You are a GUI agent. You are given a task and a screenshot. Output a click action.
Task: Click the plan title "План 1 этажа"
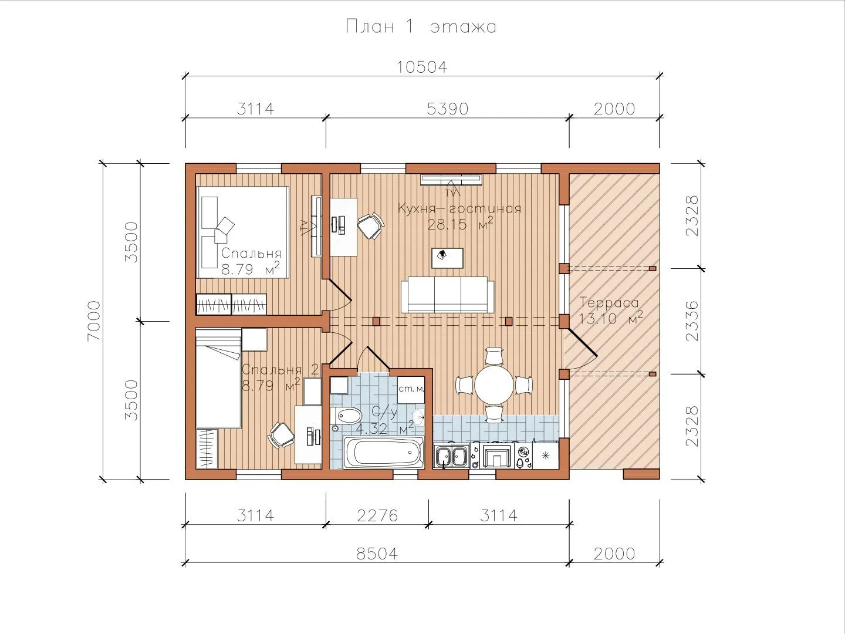click(x=421, y=26)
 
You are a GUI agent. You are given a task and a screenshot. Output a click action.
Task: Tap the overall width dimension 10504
click(x=422, y=67)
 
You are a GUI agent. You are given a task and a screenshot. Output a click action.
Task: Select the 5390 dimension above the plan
click(x=447, y=109)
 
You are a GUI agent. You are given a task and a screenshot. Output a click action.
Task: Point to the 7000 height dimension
click(x=94, y=321)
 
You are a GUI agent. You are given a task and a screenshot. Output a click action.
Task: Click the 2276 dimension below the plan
click(x=377, y=515)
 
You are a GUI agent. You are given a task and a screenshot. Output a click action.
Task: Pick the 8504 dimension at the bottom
click(x=377, y=554)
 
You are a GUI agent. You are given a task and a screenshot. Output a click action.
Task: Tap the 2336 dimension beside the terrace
click(x=692, y=321)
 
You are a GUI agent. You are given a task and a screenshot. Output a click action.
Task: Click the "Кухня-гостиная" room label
click(x=459, y=208)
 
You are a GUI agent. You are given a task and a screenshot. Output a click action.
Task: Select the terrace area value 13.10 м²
click(x=611, y=318)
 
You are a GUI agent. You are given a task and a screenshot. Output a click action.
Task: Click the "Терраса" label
click(x=609, y=302)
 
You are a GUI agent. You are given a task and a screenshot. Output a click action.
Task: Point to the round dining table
click(x=494, y=385)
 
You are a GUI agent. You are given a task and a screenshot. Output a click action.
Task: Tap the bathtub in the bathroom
click(x=383, y=452)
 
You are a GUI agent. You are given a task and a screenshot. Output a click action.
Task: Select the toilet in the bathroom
click(x=346, y=416)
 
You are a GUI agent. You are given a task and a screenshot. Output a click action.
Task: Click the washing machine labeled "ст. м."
click(x=411, y=390)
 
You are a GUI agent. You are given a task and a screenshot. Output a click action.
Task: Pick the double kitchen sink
click(x=451, y=457)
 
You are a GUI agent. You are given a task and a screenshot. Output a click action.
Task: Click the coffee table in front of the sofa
click(x=447, y=258)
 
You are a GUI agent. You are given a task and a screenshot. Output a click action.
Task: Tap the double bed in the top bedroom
click(x=242, y=232)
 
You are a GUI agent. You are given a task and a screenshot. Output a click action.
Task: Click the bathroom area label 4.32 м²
click(x=385, y=428)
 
